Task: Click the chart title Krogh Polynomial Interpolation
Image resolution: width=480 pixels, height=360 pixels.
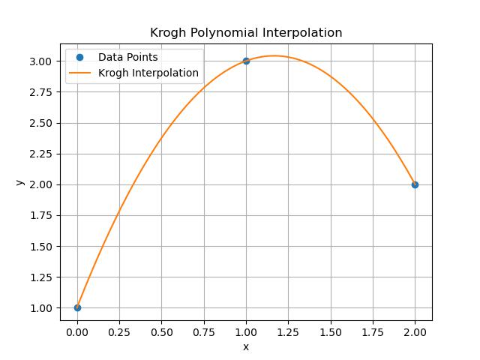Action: [x=246, y=33]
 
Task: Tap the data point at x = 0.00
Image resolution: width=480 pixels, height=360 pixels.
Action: [x=77, y=307]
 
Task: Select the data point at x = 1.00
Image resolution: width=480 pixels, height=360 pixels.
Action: [x=246, y=61]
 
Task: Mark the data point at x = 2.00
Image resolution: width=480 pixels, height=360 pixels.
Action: [x=415, y=184]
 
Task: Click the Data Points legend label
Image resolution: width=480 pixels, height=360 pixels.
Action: [x=127, y=58]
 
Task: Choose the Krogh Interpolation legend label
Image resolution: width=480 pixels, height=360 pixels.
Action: [x=148, y=73]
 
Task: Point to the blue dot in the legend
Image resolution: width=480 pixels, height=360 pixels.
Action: [x=79, y=58]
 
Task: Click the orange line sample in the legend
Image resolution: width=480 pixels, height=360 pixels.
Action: [x=79, y=73]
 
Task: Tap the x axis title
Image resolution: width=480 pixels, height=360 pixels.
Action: [x=246, y=346]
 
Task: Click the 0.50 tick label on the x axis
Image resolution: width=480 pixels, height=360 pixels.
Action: [x=161, y=331]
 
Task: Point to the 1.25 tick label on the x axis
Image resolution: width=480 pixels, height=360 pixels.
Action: [x=288, y=331]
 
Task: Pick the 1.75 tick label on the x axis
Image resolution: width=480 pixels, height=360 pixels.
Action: [x=373, y=331]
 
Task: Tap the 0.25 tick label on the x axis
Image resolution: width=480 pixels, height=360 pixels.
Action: [x=119, y=331]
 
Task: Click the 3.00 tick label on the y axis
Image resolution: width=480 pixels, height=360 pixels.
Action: [x=44, y=61]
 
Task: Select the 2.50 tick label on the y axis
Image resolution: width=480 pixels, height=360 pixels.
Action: [x=44, y=123]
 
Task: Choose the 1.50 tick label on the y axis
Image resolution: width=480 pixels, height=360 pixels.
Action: [x=44, y=246]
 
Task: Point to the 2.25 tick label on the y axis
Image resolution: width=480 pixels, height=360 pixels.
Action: [x=44, y=154]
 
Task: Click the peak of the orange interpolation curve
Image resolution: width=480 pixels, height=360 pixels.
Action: [x=274, y=55]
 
